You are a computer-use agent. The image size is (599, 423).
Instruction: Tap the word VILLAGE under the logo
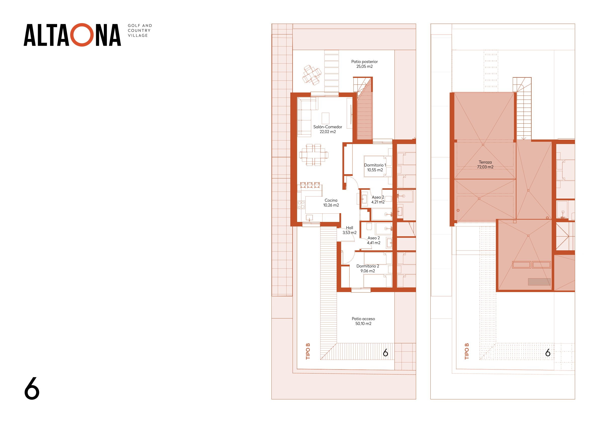click(x=138, y=35)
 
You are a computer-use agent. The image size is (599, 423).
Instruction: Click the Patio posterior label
click(x=365, y=64)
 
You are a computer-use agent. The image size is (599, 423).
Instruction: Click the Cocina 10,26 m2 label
click(x=331, y=203)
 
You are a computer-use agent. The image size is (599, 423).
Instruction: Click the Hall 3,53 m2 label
click(x=350, y=230)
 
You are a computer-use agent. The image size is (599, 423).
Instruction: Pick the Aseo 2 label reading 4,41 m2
click(x=374, y=240)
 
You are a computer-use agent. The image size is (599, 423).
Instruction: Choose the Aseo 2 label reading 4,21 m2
click(x=378, y=200)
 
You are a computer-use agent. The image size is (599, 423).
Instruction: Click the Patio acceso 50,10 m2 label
click(x=363, y=321)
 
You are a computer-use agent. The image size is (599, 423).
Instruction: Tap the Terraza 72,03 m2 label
click(x=485, y=164)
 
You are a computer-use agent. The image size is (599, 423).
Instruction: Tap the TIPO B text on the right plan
click(x=467, y=351)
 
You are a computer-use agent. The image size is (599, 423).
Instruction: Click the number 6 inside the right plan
click(x=548, y=353)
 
